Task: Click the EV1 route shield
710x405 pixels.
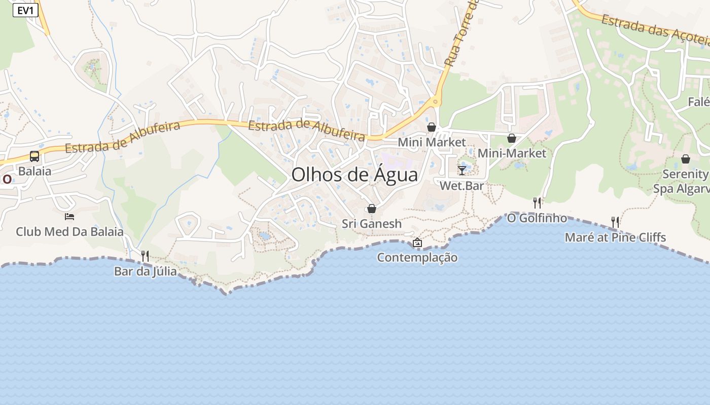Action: coord(25,11)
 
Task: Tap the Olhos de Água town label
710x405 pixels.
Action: coord(354,175)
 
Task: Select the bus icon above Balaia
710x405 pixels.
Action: coord(34,156)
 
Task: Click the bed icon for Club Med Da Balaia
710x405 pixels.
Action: coord(69,217)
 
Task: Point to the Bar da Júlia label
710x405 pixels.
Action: coord(146,271)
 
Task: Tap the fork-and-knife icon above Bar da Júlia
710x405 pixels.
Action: coord(145,256)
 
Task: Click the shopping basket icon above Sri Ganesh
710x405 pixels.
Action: coord(372,209)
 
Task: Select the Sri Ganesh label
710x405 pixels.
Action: coord(372,224)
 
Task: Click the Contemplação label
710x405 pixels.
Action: coord(417,258)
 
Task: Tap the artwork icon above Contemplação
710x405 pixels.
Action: coord(417,243)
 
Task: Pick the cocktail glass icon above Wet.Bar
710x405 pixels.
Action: coord(462,170)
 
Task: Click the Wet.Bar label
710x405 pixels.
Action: coord(461,186)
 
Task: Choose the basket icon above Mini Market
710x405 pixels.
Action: coord(432,127)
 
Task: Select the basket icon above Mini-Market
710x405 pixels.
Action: coord(512,138)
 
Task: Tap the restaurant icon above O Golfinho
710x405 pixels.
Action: coord(537,203)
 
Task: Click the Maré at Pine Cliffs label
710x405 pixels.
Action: coord(615,237)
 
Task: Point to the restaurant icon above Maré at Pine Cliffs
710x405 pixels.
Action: coord(615,222)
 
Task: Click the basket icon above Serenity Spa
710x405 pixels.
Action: coord(686,159)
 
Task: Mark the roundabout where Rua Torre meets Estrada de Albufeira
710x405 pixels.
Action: coord(435,102)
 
